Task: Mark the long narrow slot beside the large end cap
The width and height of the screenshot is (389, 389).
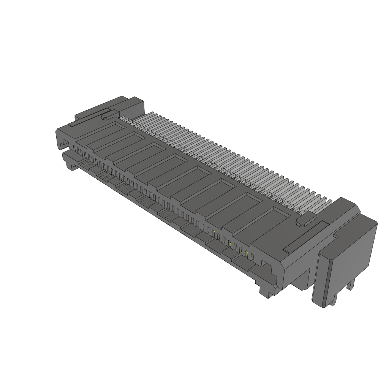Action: [x=306, y=237]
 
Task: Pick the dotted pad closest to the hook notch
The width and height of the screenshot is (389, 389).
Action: [x=85, y=164]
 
